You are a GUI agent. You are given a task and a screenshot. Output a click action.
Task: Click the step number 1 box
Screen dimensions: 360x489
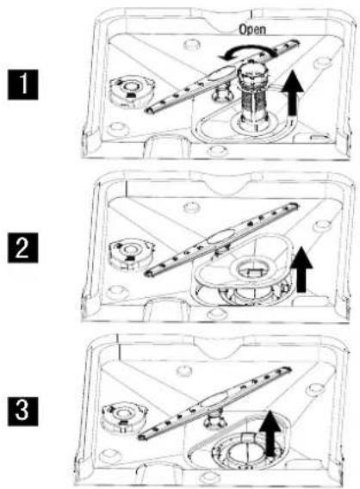point(22,84)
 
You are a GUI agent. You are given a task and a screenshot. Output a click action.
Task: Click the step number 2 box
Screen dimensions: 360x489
point(22,248)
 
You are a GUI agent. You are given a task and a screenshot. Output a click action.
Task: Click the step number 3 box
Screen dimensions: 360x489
point(22,411)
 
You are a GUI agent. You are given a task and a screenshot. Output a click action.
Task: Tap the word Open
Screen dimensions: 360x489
point(252,29)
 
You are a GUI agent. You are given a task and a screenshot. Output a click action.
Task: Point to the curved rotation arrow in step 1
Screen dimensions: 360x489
point(246,50)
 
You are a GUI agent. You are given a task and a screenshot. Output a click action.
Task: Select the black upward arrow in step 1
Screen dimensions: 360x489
point(292,93)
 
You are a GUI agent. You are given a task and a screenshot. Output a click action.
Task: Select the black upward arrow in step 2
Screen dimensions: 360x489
point(301,269)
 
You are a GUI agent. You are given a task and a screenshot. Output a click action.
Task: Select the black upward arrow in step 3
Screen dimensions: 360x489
point(270,434)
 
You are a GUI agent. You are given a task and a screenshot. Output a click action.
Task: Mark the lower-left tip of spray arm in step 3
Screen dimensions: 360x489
point(141,437)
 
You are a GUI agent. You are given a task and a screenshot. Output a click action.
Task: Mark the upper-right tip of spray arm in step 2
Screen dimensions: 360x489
point(295,206)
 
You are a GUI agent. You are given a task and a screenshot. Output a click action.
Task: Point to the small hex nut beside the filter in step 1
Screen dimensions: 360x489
point(221,94)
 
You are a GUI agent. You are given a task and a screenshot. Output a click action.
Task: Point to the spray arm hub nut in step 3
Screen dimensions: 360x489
point(214,420)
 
